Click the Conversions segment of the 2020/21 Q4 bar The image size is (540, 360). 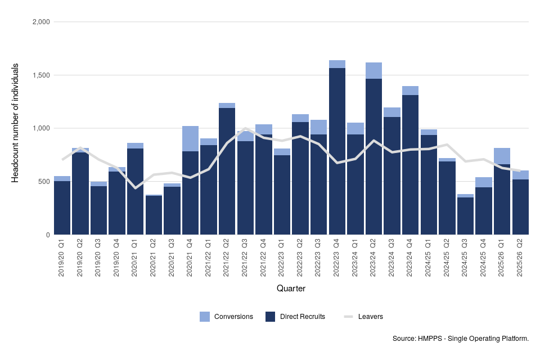click(x=190, y=138)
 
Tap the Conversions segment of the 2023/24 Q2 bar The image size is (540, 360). click(x=373, y=70)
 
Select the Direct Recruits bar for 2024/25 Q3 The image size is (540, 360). click(x=465, y=216)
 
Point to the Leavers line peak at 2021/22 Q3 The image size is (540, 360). click(x=245, y=129)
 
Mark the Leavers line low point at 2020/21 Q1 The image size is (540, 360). click(x=136, y=188)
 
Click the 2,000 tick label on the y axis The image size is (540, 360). click(x=42, y=22)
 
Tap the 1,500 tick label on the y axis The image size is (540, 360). click(x=42, y=75)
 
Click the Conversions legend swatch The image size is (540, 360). click(x=205, y=317)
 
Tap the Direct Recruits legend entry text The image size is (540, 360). click(x=302, y=317)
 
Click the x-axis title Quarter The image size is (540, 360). click(x=291, y=289)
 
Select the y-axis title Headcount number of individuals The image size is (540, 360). click(x=16, y=123)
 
